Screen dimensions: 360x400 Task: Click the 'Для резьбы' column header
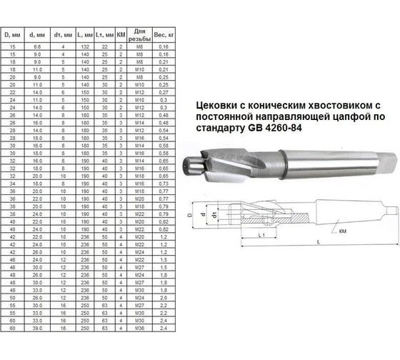click(x=141, y=34)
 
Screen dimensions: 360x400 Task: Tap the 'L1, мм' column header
click(x=106, y=34)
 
